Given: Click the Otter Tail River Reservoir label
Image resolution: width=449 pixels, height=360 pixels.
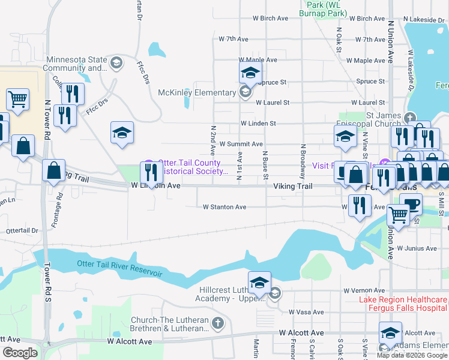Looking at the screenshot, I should (119, 269).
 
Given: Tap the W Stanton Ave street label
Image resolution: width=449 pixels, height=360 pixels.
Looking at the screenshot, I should (224, 207).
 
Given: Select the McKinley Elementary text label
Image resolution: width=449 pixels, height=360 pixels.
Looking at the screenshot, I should (197, 92).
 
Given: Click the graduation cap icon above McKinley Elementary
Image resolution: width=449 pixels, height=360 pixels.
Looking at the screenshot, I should (250, 75).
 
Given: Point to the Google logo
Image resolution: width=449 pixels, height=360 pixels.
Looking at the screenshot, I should (20, 352).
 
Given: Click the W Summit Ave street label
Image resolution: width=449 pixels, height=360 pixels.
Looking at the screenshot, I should (241, 144).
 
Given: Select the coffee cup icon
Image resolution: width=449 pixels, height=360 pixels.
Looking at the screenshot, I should (412, 203).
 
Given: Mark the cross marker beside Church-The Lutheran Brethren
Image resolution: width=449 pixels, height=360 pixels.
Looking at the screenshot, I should (217, 324).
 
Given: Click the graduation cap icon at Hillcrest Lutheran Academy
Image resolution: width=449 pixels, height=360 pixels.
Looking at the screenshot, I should (259, 283).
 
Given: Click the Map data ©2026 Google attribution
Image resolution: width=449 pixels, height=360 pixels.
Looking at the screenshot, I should (412, 355).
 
